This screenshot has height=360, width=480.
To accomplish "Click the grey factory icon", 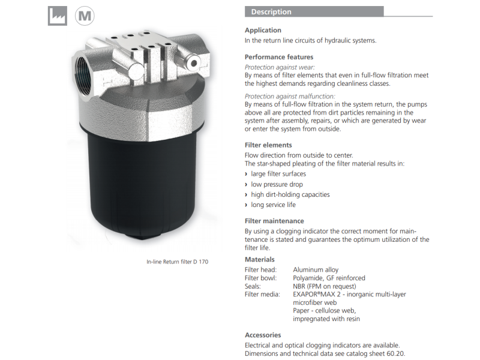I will (x=58, y=16).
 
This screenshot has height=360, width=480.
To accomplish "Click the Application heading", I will (x=263, y=30).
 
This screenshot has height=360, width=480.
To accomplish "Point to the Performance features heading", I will (x=279, y=57).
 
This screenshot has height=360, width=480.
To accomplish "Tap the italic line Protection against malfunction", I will (x=290, y=96).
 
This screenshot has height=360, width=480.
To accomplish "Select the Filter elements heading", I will (x=268, y=145).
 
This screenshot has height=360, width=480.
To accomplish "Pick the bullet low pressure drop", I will (x=277, y=184).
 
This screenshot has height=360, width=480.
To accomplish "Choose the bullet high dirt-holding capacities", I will (x=290, y=194).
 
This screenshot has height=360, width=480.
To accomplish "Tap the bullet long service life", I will (x=274, y=205).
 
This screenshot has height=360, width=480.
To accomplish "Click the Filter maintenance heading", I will (x=274, y=221).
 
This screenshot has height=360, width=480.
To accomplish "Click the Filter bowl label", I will (x=260, y=278).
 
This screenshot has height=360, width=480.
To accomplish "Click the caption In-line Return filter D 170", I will (x=177, y=262).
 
